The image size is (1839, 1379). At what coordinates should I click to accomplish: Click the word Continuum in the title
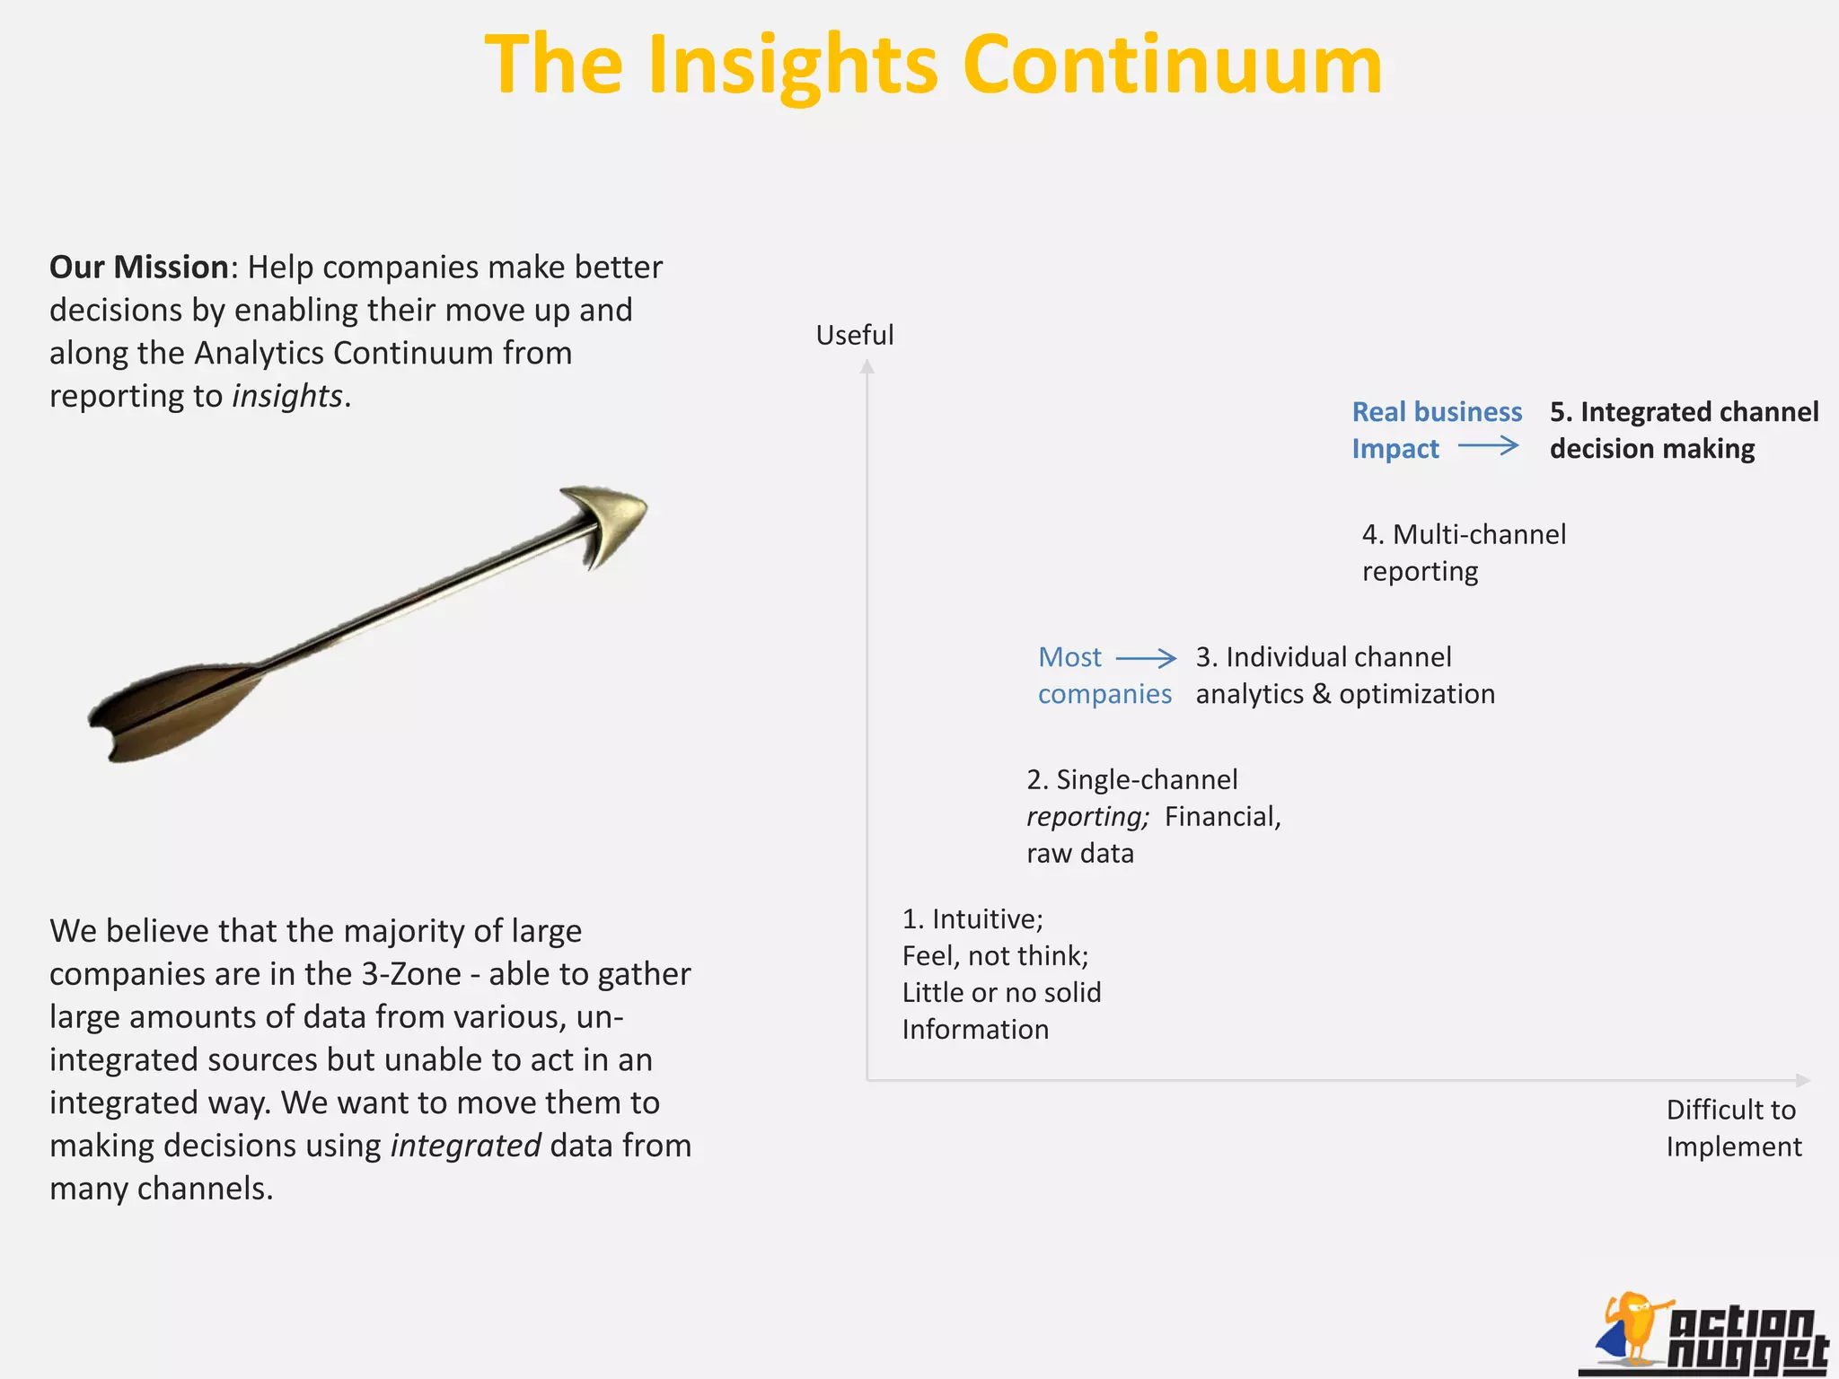pyautogui.click(x=1172, y=65)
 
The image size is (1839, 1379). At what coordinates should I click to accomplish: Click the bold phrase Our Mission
pyautogui.click(x=139, y=268)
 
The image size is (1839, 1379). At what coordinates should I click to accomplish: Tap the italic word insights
pyautogui.click(x=287, y=396)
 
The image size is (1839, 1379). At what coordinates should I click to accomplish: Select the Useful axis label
pyautogui.click(x=854, y=335)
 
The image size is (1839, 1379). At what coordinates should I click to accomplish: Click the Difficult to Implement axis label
pyautogui.click(x=1733, y=1128)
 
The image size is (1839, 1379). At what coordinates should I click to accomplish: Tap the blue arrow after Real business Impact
pyautogui.click(x=1488, y=445)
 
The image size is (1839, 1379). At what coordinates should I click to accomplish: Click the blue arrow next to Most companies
pyautogui.click(x=1146, y=658)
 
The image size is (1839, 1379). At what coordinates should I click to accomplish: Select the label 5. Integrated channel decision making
pyautogui.click(x=1684, y=430)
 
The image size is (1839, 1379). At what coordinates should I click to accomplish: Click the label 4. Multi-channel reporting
pyautogui.click(x=1464, y=552)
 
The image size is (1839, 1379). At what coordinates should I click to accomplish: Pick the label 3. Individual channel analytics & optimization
pyautogui.click(x=1344, y=675)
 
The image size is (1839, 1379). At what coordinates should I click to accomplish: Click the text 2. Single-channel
pyautogui.click(x=1131, y=779)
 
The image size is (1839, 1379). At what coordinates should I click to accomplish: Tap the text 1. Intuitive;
pyautogui.click(x=972, y=919)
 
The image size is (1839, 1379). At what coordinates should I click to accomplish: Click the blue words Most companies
pyautogui.click(x=1104, y=675)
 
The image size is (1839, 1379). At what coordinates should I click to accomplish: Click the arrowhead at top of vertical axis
pyautogui.click(x=867, y=366)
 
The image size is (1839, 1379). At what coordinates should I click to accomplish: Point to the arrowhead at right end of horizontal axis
pyautogui.click(x=1802, y=1080)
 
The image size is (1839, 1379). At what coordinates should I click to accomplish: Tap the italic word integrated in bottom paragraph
pyautogui.click(x=465, y=1146)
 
